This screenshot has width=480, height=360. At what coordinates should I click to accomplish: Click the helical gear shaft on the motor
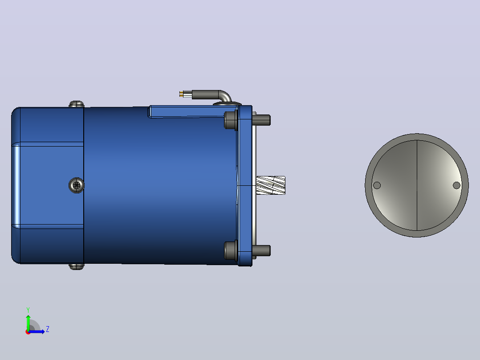[271, 185]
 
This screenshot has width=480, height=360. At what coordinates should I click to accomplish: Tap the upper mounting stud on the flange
[261, 120]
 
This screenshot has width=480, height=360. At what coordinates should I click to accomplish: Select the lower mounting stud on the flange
[261, 250]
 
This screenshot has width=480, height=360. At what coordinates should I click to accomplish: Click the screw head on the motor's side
[76, 185]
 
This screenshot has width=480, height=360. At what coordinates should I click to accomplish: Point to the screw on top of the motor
[77, 104]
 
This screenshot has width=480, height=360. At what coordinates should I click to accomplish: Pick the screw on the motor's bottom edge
[77, 266]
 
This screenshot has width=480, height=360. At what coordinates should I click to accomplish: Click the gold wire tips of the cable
[182, 94]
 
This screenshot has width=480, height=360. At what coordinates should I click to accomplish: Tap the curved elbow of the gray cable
[225, 96]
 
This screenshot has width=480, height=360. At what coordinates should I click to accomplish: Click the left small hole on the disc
[377, 185]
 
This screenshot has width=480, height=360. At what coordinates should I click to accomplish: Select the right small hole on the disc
[456, 185]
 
